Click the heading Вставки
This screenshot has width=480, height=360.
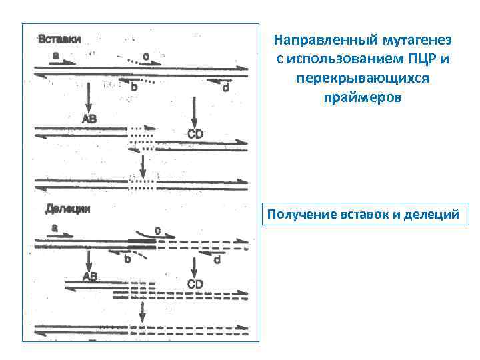[x=60, y=39]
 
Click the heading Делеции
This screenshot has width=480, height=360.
[x=67, y=209]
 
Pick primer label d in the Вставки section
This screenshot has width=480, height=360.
[x=224, y=87]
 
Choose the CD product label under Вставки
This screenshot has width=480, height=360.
[x=195, y=134]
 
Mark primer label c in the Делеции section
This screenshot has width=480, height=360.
[x=157, y=230]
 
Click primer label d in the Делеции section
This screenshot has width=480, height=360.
[x=216, y=260]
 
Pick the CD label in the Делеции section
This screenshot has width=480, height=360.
[x=195, y=284]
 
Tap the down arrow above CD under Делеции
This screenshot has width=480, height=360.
[x=194, y=267]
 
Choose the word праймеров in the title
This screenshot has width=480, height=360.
[x=362, y=97]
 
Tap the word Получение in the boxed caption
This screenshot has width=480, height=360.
[x=300, y=215]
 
